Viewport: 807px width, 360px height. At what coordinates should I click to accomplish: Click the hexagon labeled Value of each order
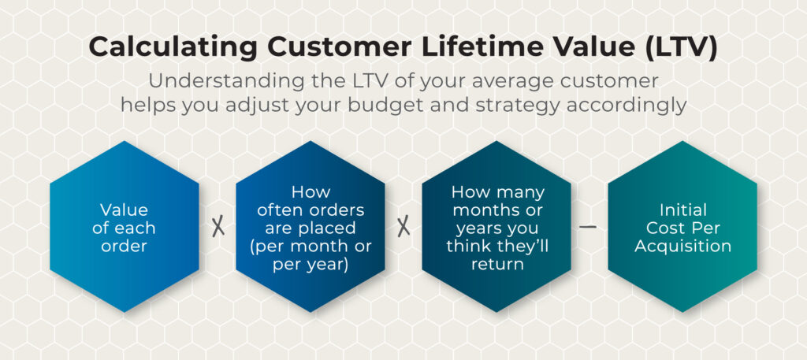point(125,227)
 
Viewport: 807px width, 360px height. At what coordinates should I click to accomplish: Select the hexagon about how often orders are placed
point(311,227)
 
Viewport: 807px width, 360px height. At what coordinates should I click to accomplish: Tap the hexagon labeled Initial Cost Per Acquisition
point(682,227)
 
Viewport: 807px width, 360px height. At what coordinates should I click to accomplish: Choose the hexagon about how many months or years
point(496,227)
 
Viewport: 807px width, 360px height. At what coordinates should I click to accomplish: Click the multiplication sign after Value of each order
point(218,227)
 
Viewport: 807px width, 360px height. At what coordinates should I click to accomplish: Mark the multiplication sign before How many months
point(403,227)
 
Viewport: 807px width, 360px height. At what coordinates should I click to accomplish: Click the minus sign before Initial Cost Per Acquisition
point(588,226)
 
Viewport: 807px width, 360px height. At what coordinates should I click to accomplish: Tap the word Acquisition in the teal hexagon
point(683,247)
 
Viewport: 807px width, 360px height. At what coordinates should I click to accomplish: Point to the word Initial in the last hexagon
point(683,210)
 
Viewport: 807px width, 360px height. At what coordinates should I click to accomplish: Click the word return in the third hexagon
point(497,265)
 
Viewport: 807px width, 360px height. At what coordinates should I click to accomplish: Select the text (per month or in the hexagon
point(311,247)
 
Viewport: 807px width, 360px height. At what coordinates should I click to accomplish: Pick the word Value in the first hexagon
point(124,210)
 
